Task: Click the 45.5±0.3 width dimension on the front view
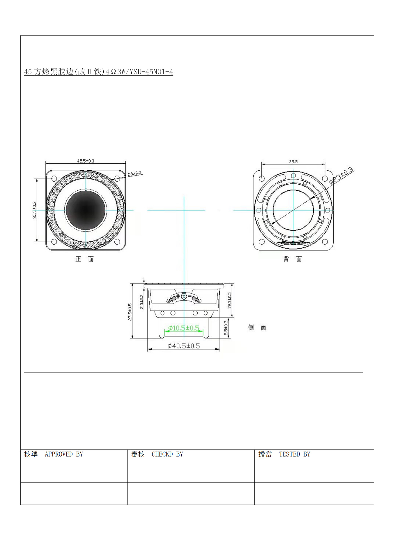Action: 86,161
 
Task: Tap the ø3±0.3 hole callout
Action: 134,174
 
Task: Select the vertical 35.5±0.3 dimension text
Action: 35,210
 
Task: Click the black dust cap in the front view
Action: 86,210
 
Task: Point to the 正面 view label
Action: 84,259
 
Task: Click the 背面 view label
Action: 293,259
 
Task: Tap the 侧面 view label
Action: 257,328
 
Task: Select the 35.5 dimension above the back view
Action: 293,162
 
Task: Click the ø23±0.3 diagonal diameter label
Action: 341,175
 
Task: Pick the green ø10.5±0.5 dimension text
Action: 184,328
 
